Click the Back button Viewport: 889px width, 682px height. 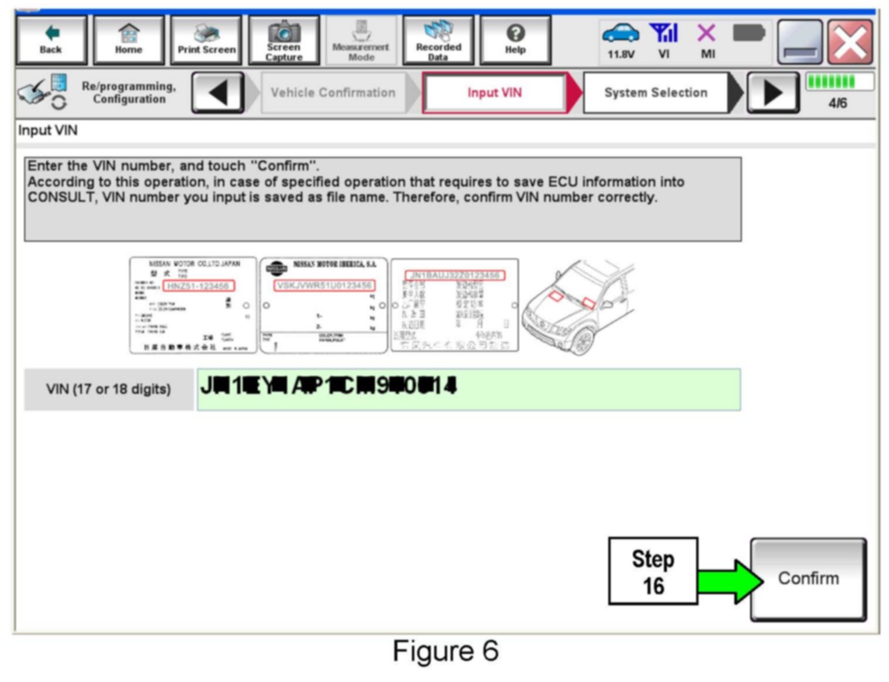pyautogui.click(x=51, y=40)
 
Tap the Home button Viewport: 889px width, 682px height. pyautogui.click(x=128, y=40)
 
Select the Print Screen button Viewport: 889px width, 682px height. pyautogui.click(x=206, y=40)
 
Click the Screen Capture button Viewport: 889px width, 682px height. pyautogui.click(x=284, y=40)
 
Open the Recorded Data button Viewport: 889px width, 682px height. pyautogui.click(x=438, y=40)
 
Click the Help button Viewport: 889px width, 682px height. pyautogui.click(x=515, y=40)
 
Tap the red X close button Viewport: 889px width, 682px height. pyautogui.click(x=850, y=42)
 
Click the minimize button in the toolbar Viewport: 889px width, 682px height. pyautogui.click(x=800, y=42)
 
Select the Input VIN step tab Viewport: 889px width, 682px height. pyautogui.click(x=494, y=92)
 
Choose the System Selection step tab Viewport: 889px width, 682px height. pyautogui.click(x=656, y=92)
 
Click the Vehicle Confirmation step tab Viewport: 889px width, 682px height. pyautogui.click(x=333, y=92)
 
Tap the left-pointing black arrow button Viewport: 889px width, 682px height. pyautogui.click(x=218, y=92)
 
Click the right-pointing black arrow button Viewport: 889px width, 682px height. pyautogui.click(x=772, y=92)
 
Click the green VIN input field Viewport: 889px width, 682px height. pyautogui.click(x=469, y=389)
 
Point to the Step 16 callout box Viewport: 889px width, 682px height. pyautogui.click(x=653, y=571)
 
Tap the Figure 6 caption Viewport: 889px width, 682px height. pyautogui.click(x=445, y=652)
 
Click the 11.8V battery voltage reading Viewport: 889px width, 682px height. pyautogui.click(x=621, y=54)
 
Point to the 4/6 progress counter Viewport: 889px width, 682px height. pyautogui.click(x=837, y=103)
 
